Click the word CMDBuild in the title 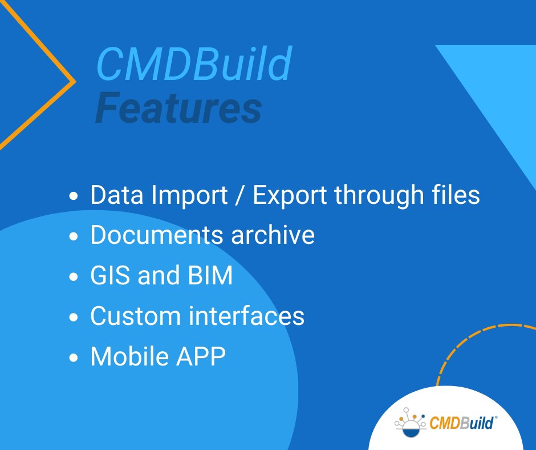click(194, 65)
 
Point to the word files click(456, 196)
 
